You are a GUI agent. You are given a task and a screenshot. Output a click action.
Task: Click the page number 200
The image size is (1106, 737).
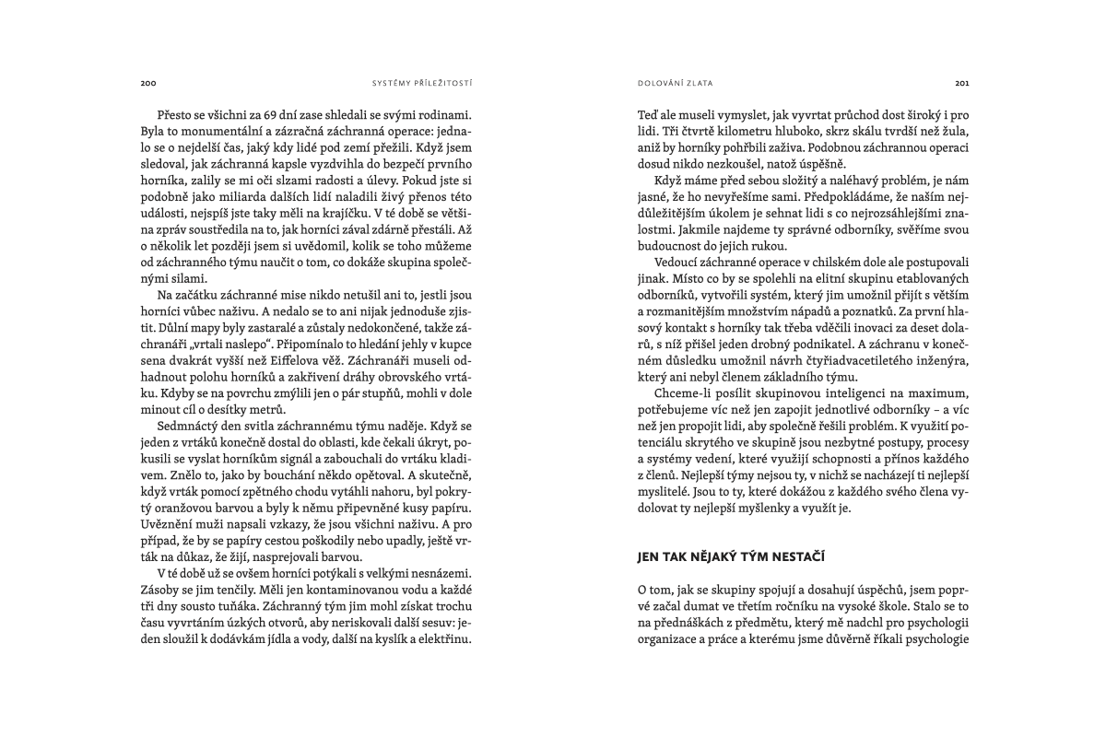[x=148, y=82]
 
